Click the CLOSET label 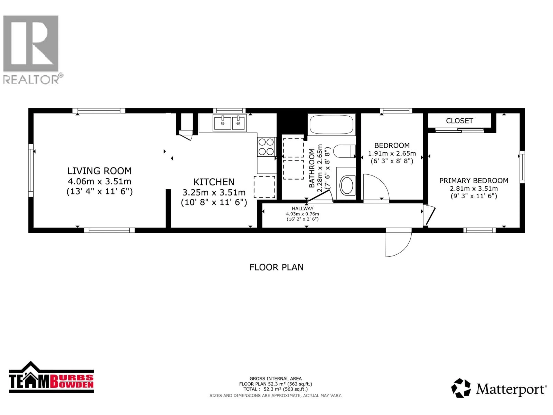click(459, 121)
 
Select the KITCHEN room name click(214, 182)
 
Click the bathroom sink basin click(347, 185)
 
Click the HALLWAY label click(303, 208)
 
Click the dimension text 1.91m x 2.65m click(392, 153)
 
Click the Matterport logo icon click(461, 388)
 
